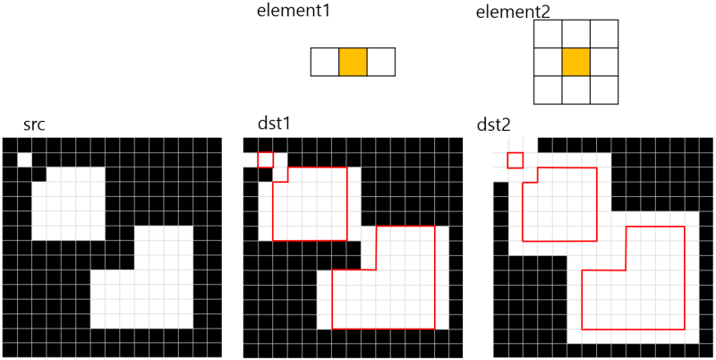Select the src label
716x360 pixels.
coord(34,125)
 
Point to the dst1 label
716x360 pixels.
coord(273,125)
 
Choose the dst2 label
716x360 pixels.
coord(496,125)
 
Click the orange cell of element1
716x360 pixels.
coord(353,62)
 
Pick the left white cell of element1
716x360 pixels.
coord(324,62)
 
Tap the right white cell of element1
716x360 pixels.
coord(381,62)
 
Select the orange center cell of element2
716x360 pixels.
coord(575,62)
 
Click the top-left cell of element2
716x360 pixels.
coord(547,33)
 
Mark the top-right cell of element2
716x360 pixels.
coord(604,33)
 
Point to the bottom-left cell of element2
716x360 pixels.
coord(547,90)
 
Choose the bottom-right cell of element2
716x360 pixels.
coord(604,90)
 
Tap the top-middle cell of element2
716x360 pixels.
coord(575,33)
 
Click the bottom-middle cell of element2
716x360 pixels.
coord(575,90)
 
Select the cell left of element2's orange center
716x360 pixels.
coord(547,62)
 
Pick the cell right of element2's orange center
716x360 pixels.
coord(604,62)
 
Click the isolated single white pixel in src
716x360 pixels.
coord(24,159)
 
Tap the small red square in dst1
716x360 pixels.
coord(265,159)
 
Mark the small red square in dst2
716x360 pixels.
coord(515,160)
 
